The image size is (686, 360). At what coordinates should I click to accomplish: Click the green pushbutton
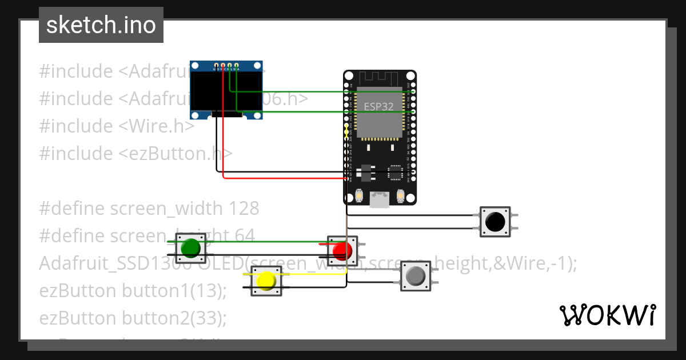(x=190, y=248)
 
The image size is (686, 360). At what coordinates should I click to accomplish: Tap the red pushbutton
(x=342, y=250)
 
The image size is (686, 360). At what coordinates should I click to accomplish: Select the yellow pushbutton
(x=266, y=281)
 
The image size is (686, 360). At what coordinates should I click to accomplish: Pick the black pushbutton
(x=494, y=221)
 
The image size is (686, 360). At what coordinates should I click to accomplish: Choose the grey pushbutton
(x=415, y=277)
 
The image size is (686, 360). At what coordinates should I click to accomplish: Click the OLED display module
(x=227, y=90)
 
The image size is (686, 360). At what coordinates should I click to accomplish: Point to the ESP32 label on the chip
(x=379, y=106)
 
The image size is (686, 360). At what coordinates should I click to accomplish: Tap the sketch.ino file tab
(x=101, y=25)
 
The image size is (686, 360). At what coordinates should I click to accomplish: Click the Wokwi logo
(x=607, y=315)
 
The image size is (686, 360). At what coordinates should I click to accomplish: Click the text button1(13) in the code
(x=174, y=290)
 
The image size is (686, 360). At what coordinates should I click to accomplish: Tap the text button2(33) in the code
(x=174, y=318)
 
